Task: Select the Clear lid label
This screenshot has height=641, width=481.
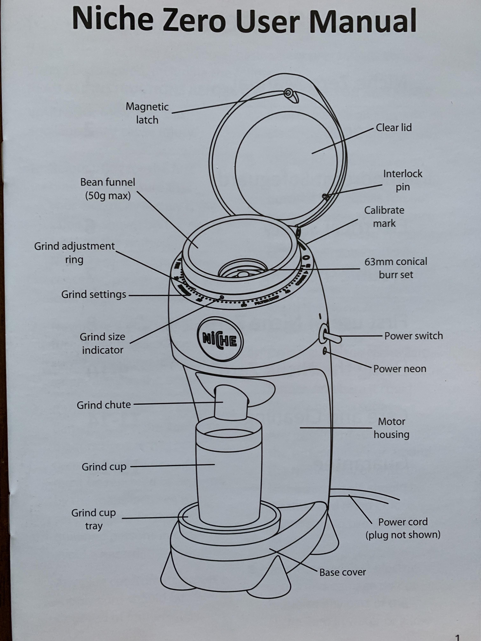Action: click(x=394, y=128)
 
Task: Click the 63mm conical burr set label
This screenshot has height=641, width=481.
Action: click(x=396, y=268)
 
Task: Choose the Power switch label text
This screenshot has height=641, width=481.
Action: click(x=413, y=336)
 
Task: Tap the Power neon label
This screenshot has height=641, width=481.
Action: click(x=400, y=369)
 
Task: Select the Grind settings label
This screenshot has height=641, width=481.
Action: click(x=94, y=294)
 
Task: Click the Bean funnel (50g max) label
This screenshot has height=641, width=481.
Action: click(x=108, y=189)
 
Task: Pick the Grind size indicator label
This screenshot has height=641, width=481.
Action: click(x=102, y=343)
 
